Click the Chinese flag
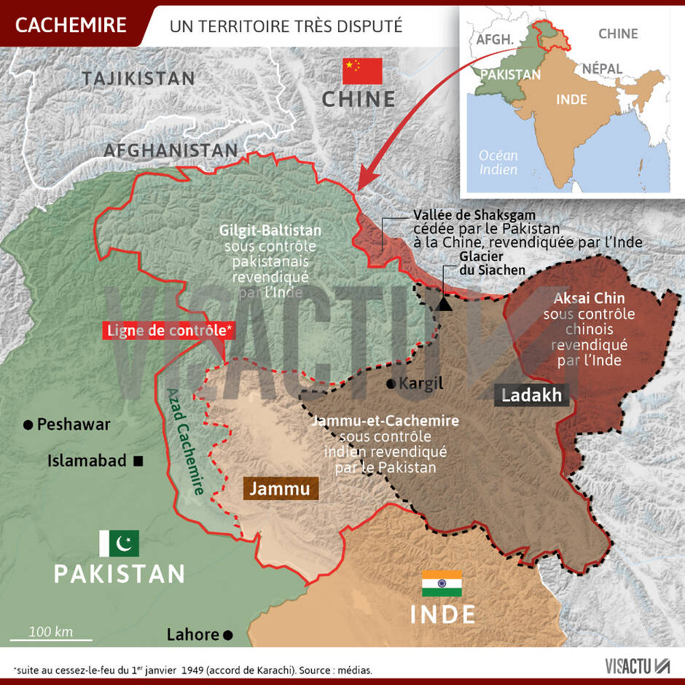[362, 71]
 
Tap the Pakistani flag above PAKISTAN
[119, 543]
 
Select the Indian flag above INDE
[442, 584]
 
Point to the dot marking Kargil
[392, 384]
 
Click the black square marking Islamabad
[138, 461]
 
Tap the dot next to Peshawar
[28, 424]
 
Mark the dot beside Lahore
[228, 635]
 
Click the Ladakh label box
[532, 395]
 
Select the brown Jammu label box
[280, 488]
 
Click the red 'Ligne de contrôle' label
[169, 330]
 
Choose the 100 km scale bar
[51, 639]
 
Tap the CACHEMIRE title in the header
[71, 25]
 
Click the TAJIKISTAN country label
[138, 79]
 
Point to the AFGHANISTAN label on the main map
[171, 150]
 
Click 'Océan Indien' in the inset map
[498, 162]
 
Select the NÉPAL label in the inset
[602, 68]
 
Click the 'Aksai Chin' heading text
[589, 298]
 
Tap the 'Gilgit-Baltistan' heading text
[270, 230]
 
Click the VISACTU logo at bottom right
[637, 665]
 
